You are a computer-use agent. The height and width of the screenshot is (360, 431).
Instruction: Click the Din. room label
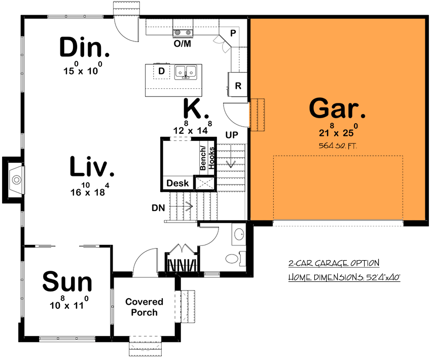pos(85,48)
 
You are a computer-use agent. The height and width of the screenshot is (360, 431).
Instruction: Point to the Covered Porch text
pos(145,307)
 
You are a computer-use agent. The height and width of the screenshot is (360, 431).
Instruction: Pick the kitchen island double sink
pos(186,72)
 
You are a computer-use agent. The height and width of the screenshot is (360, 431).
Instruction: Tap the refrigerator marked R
pos(238,86)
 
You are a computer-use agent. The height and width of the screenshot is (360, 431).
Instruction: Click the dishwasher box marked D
pos(161,71)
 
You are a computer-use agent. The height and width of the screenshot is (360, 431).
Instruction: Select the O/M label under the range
pos(183,44)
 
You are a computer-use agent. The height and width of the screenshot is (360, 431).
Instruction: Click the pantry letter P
pos(233,33)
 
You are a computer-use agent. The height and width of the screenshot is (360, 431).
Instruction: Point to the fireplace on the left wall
pos(15,179)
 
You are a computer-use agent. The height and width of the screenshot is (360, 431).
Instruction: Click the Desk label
pos(177,183)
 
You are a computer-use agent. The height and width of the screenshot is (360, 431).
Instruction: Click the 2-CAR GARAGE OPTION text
pos(334,263)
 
